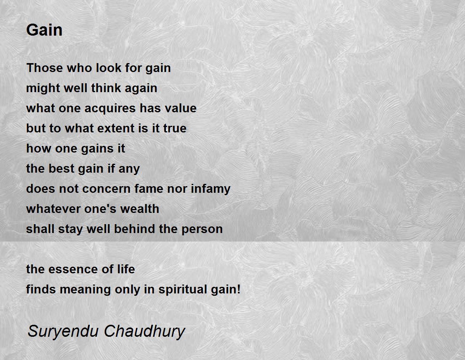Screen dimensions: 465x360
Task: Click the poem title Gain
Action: pos(44,30)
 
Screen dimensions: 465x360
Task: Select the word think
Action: pos(106,88)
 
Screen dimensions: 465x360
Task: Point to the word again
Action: pos(141,89)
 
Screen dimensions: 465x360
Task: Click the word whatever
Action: pos(53,209)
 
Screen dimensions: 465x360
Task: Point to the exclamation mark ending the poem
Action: pos(239,289)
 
